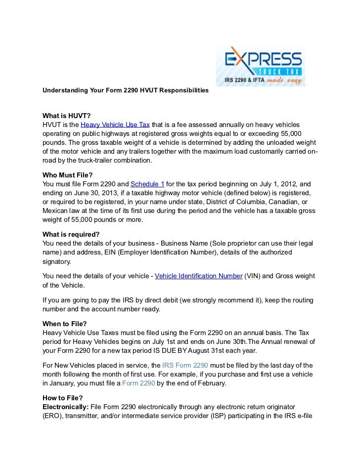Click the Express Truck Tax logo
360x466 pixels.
coord(260,66)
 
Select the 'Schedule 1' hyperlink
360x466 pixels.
coord(147,184)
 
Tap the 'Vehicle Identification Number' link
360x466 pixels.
coord(198,276)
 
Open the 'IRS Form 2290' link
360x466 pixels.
coord(185,365)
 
